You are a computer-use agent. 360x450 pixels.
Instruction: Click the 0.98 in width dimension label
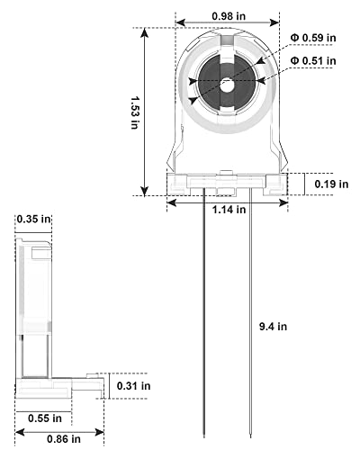(229, 16)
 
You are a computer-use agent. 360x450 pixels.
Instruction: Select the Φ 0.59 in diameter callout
(313, 38)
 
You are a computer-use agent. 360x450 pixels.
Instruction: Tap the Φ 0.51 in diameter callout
(313, 61)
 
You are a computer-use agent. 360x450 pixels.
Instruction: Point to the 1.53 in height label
(135, 112)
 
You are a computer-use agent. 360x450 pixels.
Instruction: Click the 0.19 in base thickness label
(331, 184)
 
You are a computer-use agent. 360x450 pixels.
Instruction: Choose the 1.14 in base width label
(229, 210)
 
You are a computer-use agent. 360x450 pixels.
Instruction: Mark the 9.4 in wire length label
(273, 327)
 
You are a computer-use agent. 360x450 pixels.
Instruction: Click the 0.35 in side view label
(33, 220)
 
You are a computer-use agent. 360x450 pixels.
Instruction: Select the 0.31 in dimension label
(133, 386)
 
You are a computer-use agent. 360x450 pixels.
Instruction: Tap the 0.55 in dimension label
(45, 418)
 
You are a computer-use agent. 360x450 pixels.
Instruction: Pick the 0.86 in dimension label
(64, 439)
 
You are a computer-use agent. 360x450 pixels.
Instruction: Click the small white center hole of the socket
(228, 85)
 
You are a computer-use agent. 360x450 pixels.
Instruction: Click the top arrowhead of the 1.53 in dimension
(145, 32)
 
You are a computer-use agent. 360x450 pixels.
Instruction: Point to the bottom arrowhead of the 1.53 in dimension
(145, 191)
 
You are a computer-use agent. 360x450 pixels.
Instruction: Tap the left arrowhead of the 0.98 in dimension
(181, 22)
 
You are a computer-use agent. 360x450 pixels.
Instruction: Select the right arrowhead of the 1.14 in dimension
(283, 203)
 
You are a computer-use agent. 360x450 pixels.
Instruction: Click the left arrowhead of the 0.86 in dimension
(20, 432)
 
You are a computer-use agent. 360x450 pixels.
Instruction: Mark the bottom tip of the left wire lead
(204, 436)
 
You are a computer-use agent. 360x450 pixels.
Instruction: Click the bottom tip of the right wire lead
(251, 436)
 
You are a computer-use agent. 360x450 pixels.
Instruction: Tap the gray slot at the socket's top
(227, 40)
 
